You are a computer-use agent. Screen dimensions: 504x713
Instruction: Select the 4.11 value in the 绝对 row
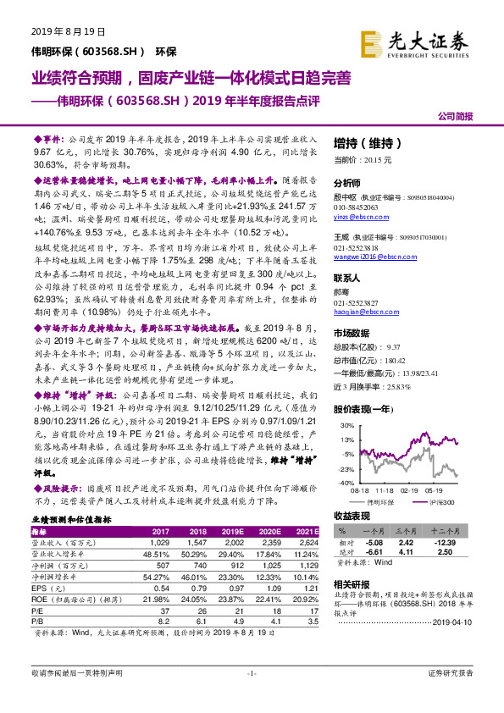(407, 551)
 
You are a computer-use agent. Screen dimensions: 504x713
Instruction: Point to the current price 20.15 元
(363, 158)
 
